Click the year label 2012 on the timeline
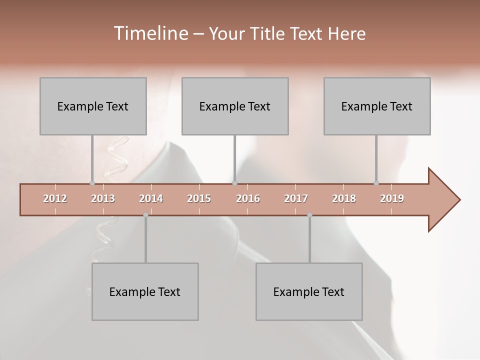pyautogui.click(x=55, y=198)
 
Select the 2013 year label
pyautogui.click(x=103, y=198)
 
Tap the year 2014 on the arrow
pyautogui.click(x=151, y=198)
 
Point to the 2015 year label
pyautogui.click(x=199, y=198)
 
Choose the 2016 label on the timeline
pyautogui.click(x=248, y=198)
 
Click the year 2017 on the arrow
pyautogui.click(x=296, y=198)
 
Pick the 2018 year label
pyautogui.click(x=344, y=198)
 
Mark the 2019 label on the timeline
pyautogui.click(x=392, y=198)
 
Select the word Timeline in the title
pyautogui.click(x=150, y=33)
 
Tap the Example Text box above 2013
pyautogui.click(x=93, y=106)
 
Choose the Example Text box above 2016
pyautogui.click(x=235, y=106)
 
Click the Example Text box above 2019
pyautogui.click(x=377, y=106)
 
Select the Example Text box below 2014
pyautogui.click(x=145, y=291)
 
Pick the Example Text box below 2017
pyautogui.click(x=309, y=291)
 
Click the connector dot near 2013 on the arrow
pyautogui.click(x=92, y=183)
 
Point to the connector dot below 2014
pyautogui.click(x=145, y=215)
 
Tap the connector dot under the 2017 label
pyautogui.click(x=309, y=215)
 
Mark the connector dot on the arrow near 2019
pyautogui.click(x=376, y=183)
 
